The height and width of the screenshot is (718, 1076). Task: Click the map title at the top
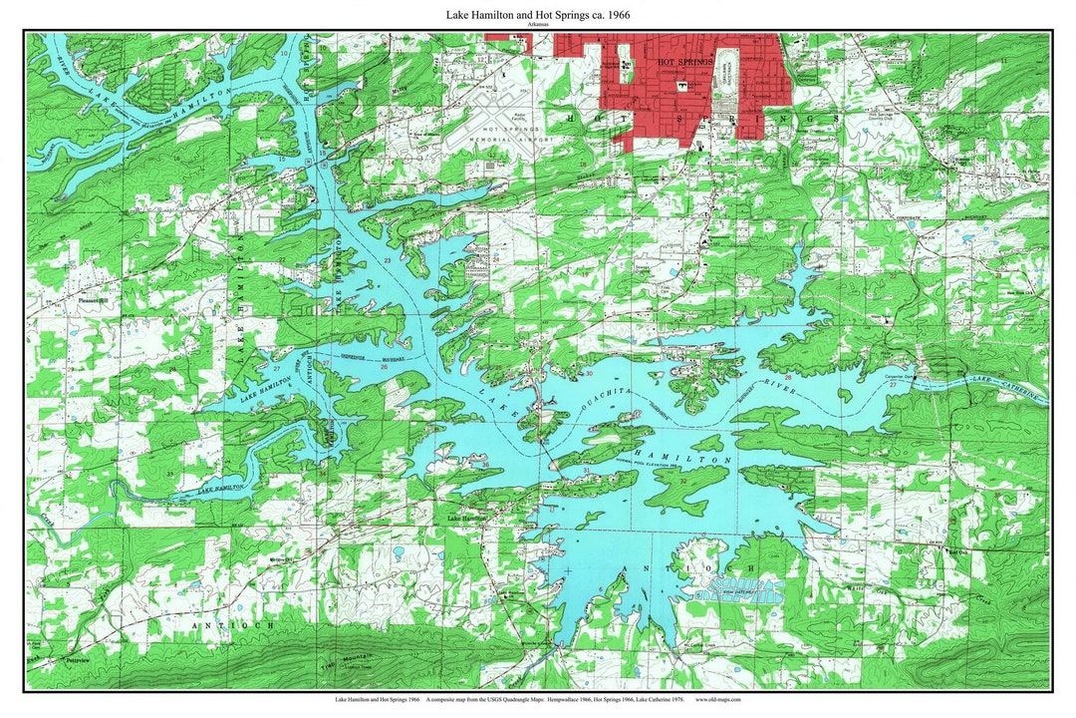(537, 15)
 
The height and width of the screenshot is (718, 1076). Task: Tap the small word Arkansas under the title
(537, 26)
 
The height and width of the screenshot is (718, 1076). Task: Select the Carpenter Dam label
(900, 377)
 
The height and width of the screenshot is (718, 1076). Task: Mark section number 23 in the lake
(387, 260)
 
